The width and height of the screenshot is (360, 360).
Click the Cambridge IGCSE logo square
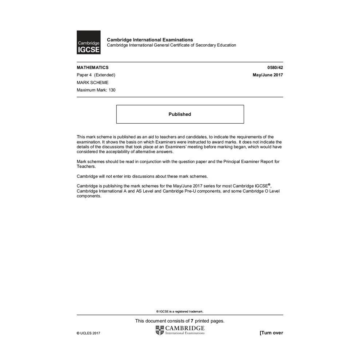coord(88,42)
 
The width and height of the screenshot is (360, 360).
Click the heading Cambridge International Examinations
coord(150,40)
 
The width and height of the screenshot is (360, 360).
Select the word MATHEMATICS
coord(92,67)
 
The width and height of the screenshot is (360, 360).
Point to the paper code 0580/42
coord(275,67)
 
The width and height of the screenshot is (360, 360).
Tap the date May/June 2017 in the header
coord(268,75)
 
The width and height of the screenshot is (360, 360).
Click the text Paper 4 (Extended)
coord(96,75)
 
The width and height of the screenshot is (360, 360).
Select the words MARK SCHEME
coord(92,83)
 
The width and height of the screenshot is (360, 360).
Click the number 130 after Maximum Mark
coord(112,90)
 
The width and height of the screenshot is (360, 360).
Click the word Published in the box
coord(180,114)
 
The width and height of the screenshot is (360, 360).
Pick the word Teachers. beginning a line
coord(86,166)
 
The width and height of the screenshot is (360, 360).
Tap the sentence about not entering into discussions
coord(142,176)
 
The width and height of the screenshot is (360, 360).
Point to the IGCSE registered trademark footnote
coord(180,311)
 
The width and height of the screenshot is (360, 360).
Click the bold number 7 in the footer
coord(192,321)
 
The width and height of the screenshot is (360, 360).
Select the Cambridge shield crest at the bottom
coord(160,330)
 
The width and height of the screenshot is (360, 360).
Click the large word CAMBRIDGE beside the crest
coord(185,328)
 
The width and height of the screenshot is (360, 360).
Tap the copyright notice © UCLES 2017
coord(88,333)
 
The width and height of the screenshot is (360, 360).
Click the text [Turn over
coord(271,333)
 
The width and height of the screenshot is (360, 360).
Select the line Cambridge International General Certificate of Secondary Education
coord(171,45)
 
